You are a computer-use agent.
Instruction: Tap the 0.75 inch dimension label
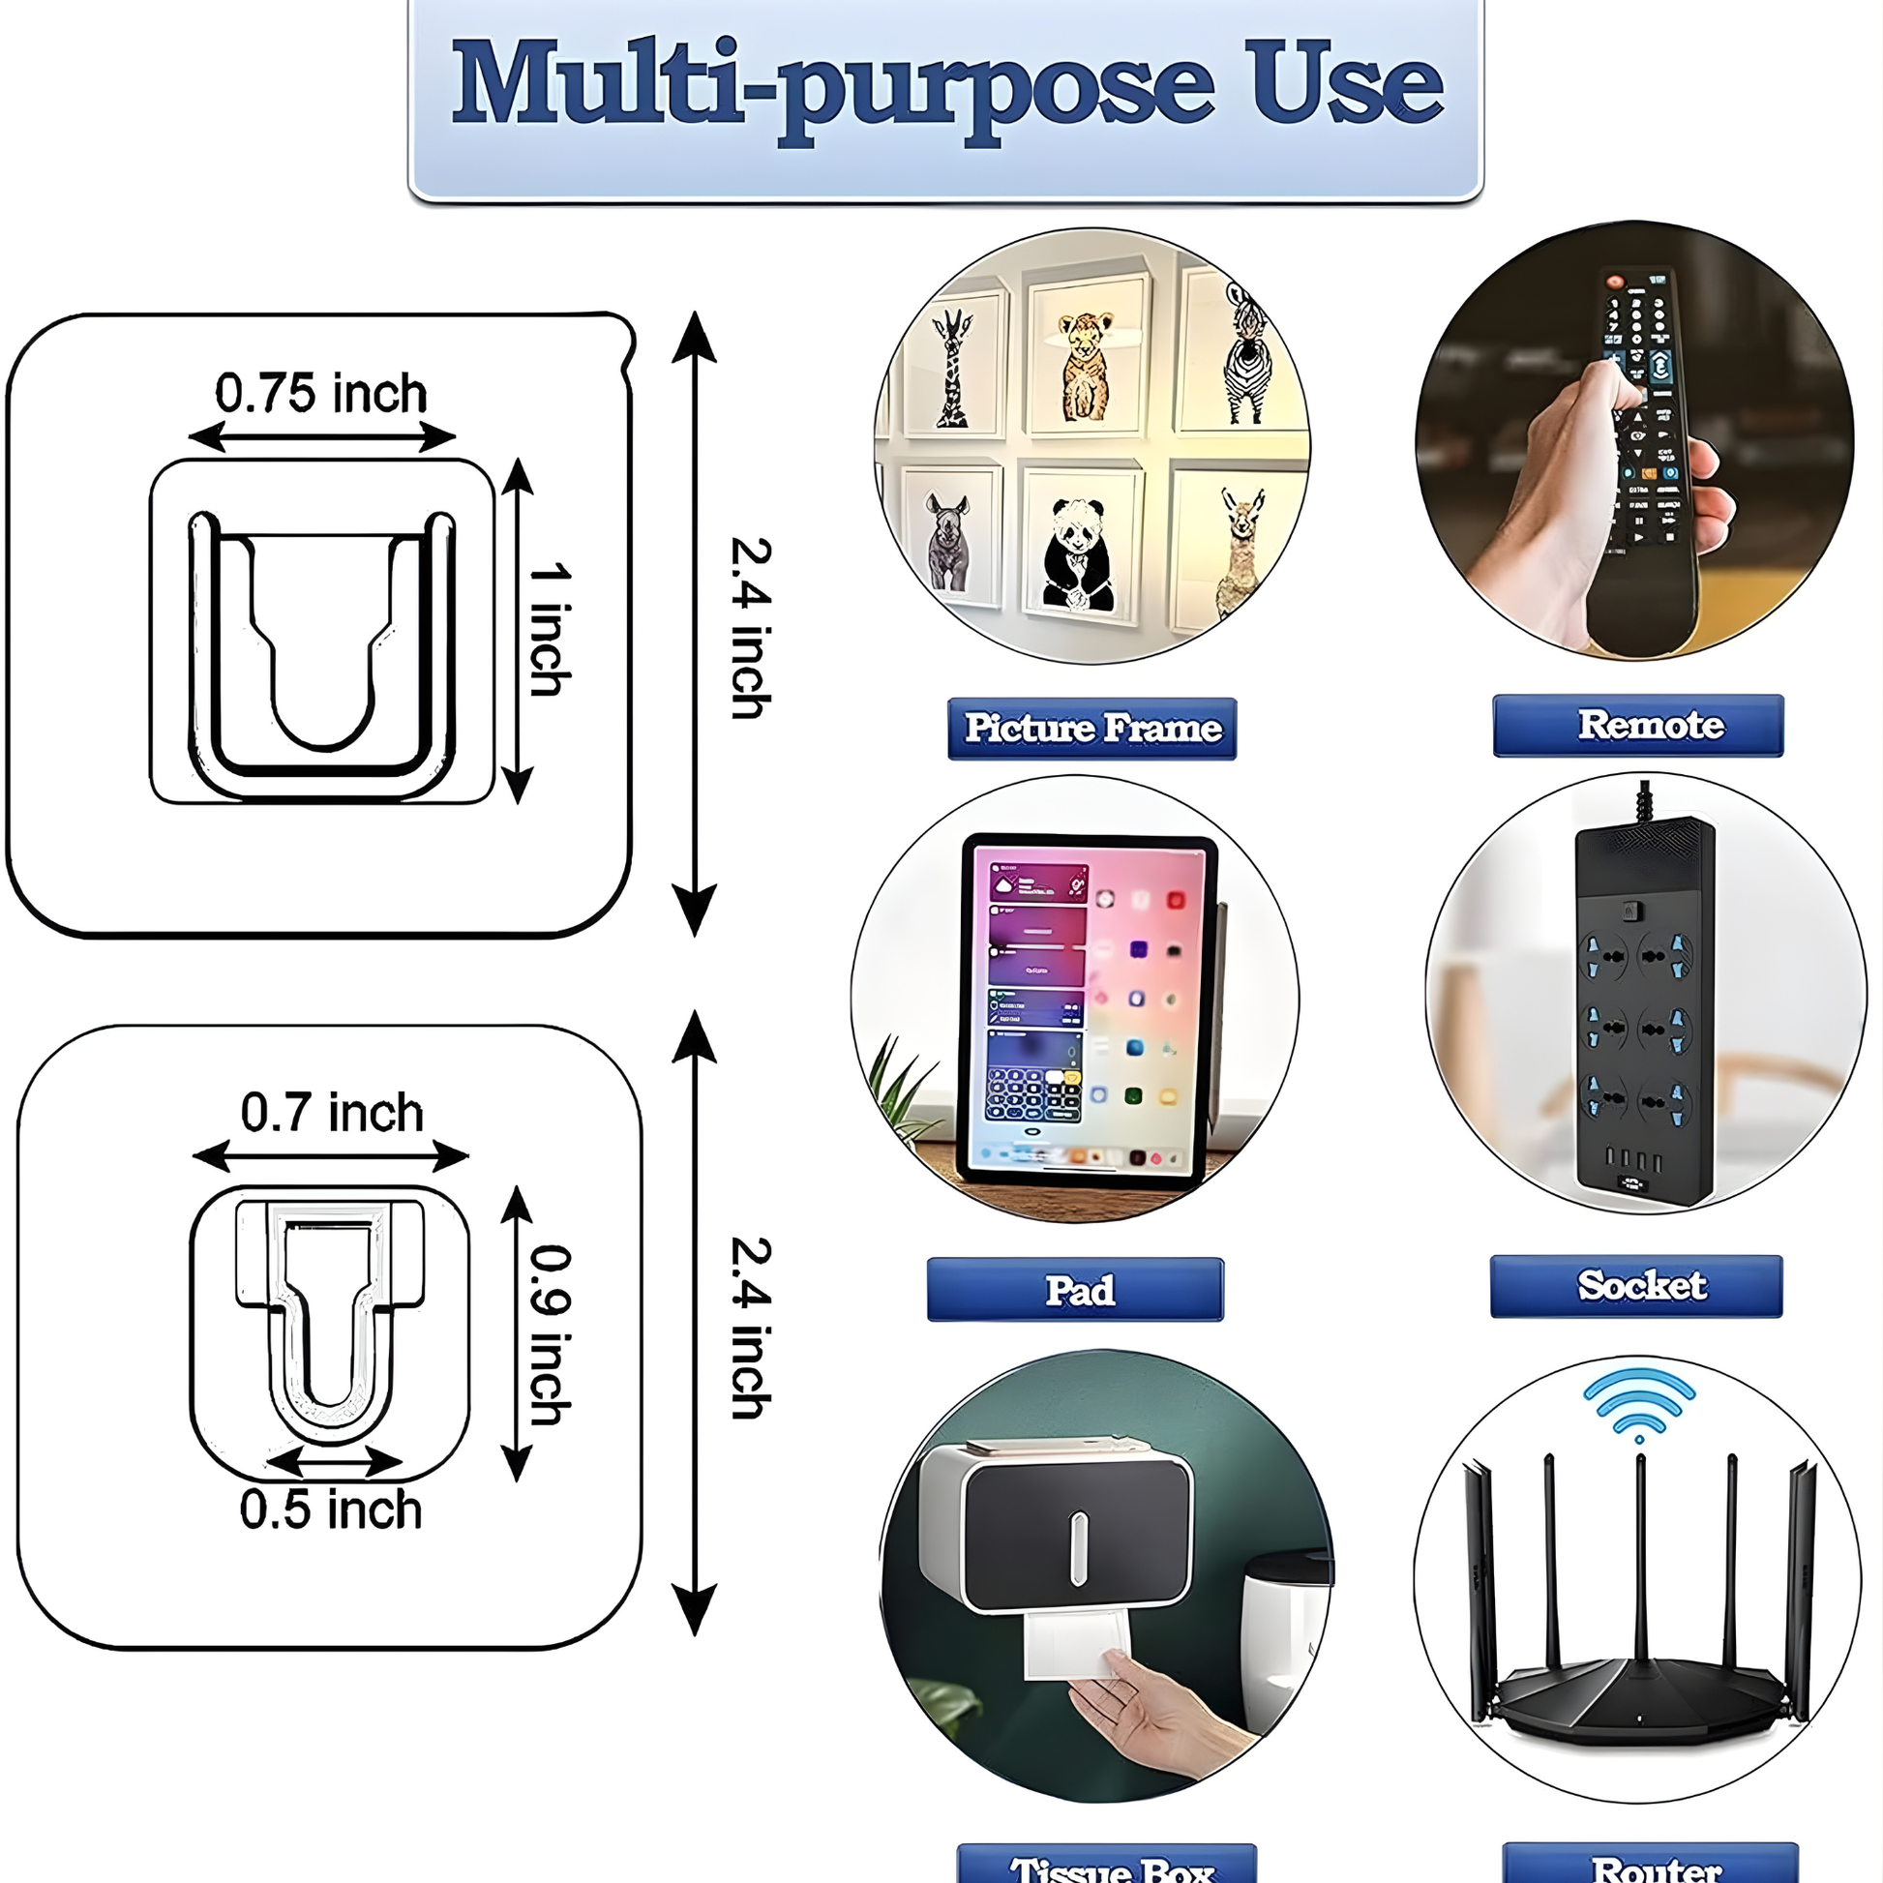[320, 394]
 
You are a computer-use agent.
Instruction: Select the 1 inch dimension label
[550, 629]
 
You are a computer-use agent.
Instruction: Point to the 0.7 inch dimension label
[331, 1112]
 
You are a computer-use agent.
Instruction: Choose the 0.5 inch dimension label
[330, 1509]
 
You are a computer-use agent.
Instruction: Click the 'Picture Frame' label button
[1091, 728]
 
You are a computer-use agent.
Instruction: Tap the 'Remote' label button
[1637, 725]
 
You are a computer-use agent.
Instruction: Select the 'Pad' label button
[1075, 1290]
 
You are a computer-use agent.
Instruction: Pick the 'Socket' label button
[1635, 1286]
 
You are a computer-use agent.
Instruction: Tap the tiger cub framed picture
[1085, 367]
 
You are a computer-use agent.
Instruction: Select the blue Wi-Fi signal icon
[1638, 1401]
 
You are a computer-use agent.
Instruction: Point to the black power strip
[1644, 1014]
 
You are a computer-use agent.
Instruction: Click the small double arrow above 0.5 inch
[333, 1461]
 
